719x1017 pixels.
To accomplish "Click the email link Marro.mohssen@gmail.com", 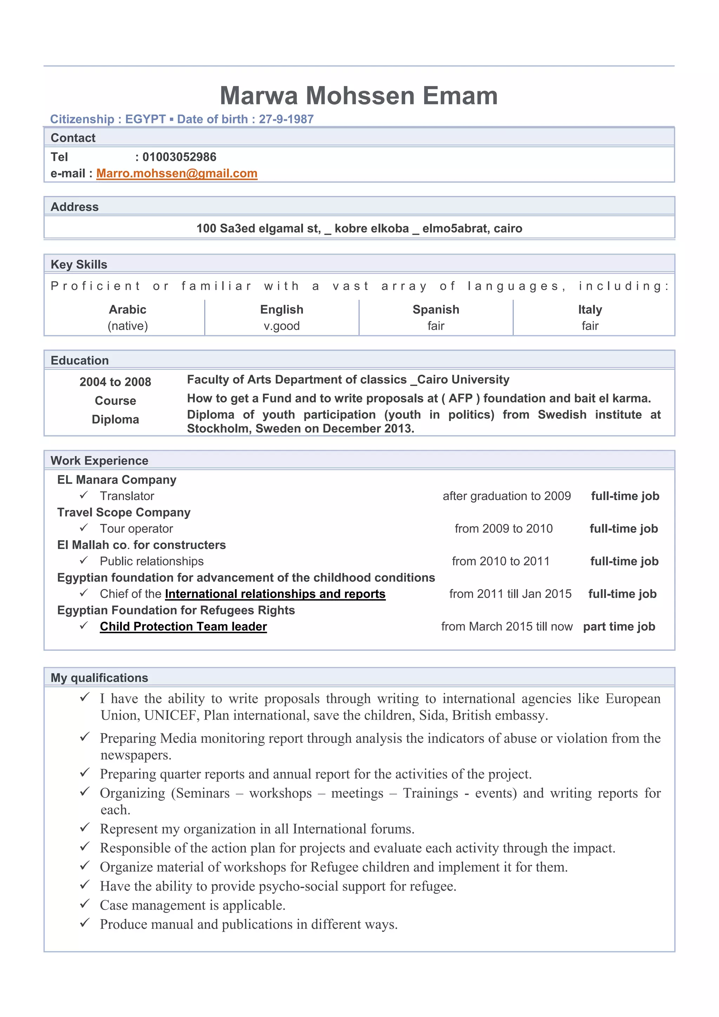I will (x=177, y=173).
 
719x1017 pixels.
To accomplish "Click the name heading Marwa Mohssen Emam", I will (x=358, y=96).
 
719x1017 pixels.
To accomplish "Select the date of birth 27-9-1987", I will (x=286, y=119).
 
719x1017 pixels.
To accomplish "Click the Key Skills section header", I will (x=79, y=264).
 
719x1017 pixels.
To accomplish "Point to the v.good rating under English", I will (x=282, y=326).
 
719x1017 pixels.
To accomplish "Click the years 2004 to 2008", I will (x=115, y=382).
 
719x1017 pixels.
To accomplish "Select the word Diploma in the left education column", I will (x=115, y=419).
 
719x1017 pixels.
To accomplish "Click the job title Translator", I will (x=127, y=496).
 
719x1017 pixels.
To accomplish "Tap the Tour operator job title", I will (x=136, y=529).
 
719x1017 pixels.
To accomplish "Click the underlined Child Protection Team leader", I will (x=183, y=626).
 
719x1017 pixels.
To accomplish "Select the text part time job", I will (x=619, y=626).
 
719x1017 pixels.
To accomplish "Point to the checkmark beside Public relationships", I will (x=84, y=560).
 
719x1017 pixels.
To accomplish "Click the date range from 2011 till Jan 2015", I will (x=510, y=594).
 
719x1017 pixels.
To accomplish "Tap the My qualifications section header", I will (x=99, y=678).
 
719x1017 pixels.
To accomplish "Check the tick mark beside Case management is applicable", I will (x=85, y=904).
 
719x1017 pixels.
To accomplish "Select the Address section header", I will (x=74, y=207).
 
